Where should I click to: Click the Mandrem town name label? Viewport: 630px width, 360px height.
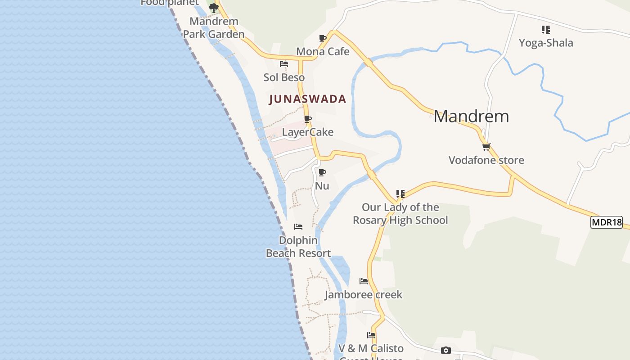(471, 117)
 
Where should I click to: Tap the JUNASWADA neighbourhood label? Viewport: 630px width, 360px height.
(307, 99)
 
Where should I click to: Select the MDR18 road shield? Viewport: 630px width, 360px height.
(606, 222)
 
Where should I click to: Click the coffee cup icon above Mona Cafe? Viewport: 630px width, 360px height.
(322, 39)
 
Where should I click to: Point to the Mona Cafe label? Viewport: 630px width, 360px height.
(323, 52)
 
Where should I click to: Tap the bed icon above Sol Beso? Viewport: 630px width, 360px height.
(283, 64)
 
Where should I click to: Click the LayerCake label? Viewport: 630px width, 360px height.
(307, 132)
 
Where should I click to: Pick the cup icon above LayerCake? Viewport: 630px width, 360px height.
(308, 119)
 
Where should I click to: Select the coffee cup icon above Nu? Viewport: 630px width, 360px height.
(322, 173)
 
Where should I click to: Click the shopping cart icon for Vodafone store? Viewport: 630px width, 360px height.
(486, 147)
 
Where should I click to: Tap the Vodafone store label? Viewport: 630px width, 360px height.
(486, 160)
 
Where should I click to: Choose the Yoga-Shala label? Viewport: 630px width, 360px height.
(546, 43)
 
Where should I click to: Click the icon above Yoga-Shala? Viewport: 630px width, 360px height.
(545, 30)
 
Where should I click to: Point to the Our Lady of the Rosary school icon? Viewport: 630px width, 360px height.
(400, 194)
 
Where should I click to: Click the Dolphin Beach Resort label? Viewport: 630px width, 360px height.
(298, 247)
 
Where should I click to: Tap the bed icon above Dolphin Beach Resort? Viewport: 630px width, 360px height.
(298, 227)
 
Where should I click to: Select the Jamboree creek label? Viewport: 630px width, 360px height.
(364, 295)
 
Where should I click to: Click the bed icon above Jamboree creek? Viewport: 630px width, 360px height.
(364, 282)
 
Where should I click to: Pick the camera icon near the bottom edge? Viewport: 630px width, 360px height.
(445, 351)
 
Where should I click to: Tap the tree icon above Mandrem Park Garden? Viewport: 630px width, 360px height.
(213, 8)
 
